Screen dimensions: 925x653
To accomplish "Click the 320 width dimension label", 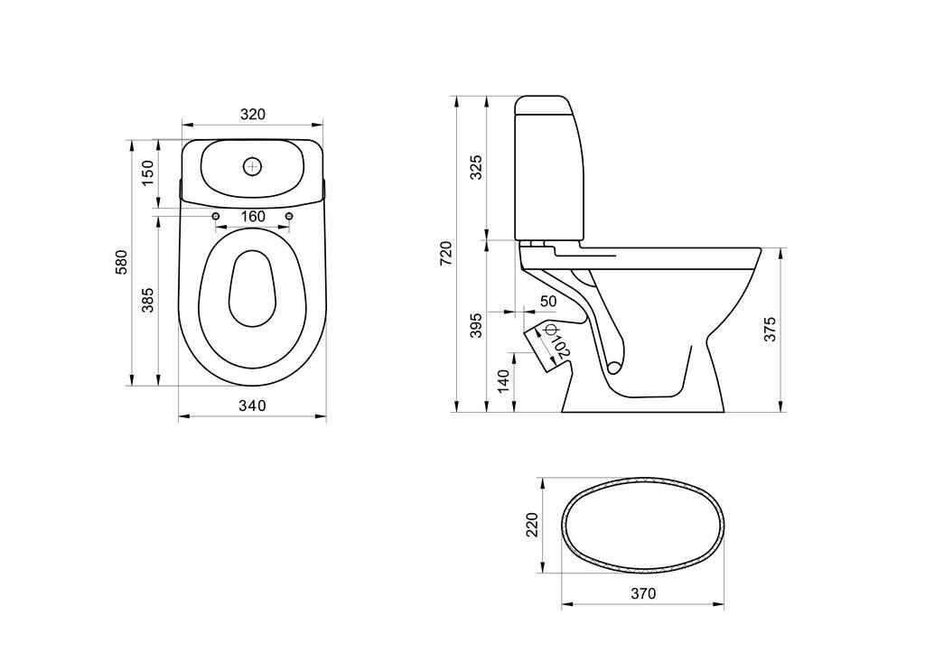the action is click(253, 114).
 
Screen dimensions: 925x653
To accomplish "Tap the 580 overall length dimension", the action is click(121, 263).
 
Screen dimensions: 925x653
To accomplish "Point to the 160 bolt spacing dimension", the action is click(253, 217).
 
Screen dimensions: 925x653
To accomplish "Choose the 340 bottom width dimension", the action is click(253, 406).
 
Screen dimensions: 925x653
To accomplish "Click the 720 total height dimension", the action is click(446, 253).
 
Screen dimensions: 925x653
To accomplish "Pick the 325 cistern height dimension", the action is click(476, 167).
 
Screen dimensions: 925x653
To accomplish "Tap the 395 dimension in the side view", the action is click(476, 325).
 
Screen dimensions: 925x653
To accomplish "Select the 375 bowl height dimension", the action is click(771, 329).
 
